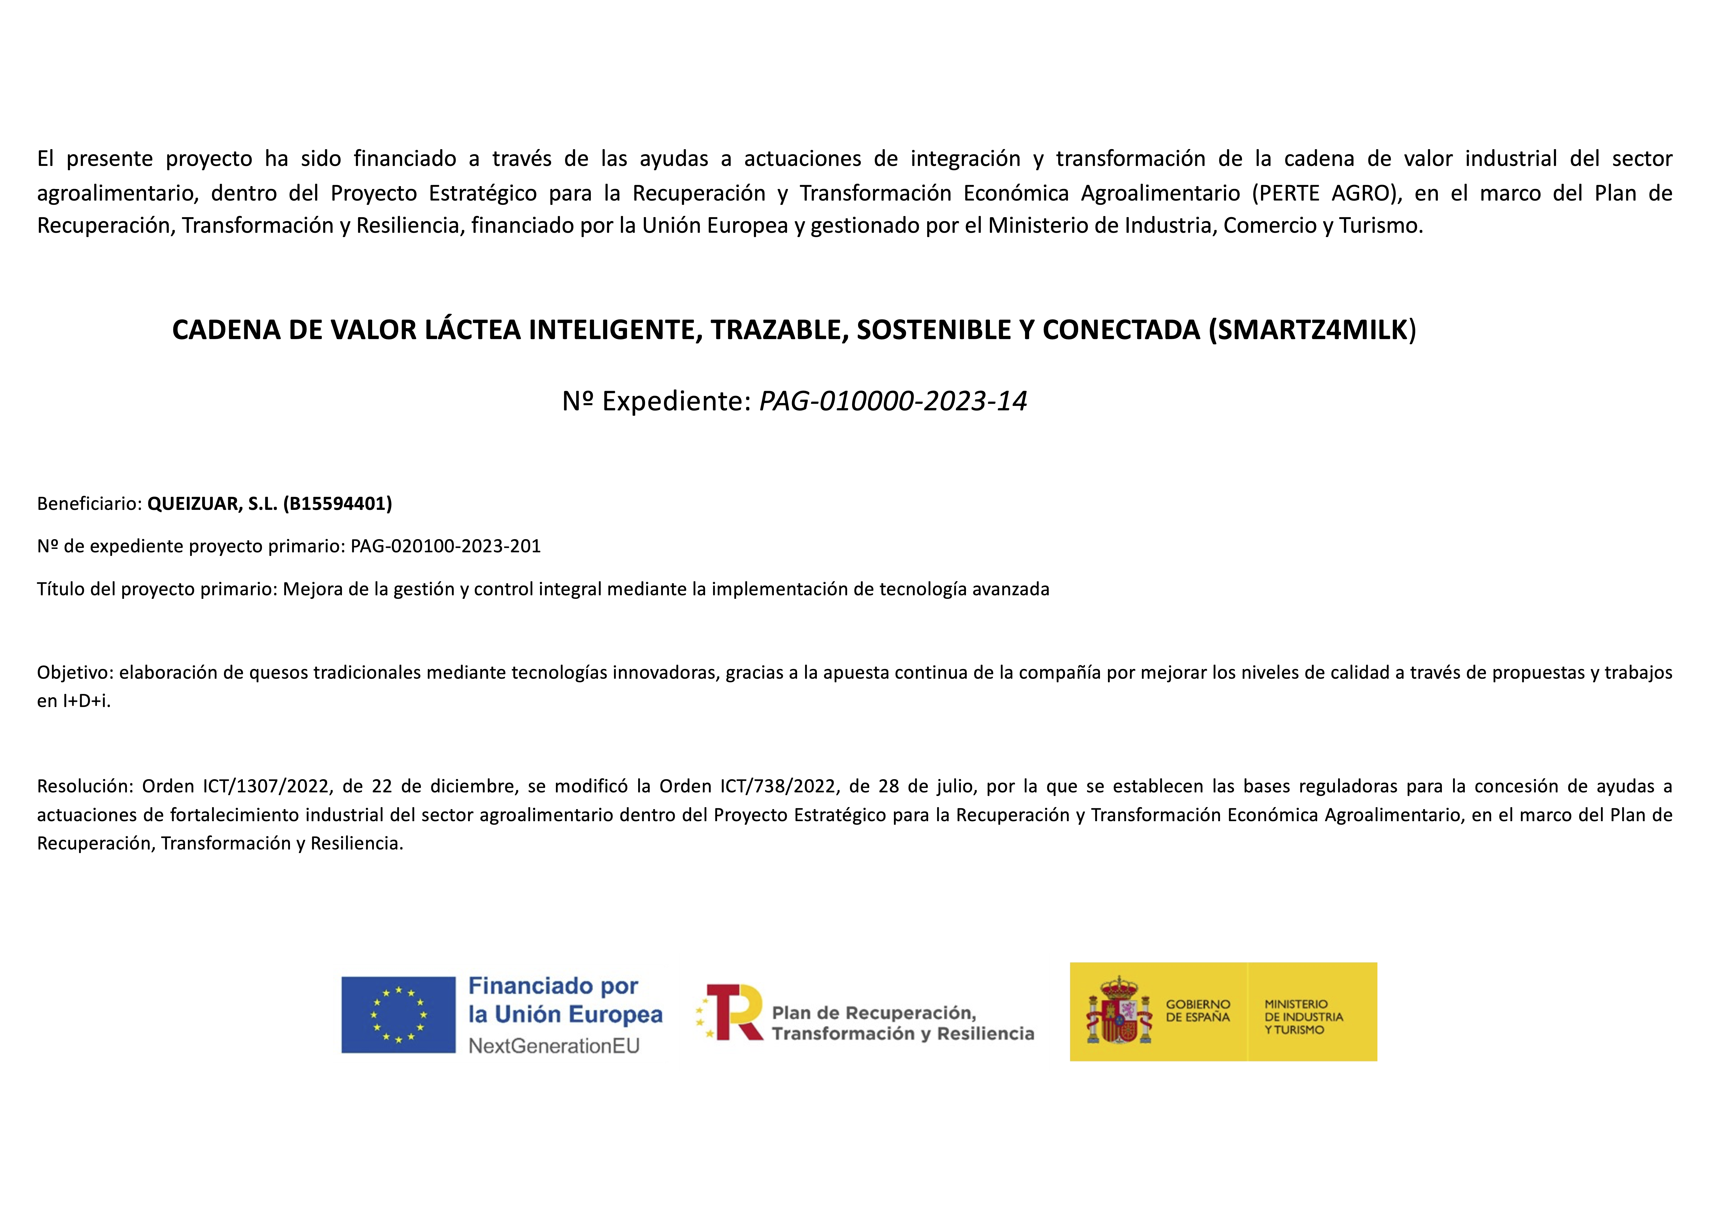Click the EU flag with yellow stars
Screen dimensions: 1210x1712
click(398, 1015)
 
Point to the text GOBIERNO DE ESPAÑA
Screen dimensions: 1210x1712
click(1198, 1011)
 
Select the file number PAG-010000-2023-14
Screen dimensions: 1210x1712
click(892, 401)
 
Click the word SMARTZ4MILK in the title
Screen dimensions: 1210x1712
click(1311, 330)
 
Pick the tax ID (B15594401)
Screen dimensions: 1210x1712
click(338, 504)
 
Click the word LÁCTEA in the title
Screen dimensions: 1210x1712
click(473, 330)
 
